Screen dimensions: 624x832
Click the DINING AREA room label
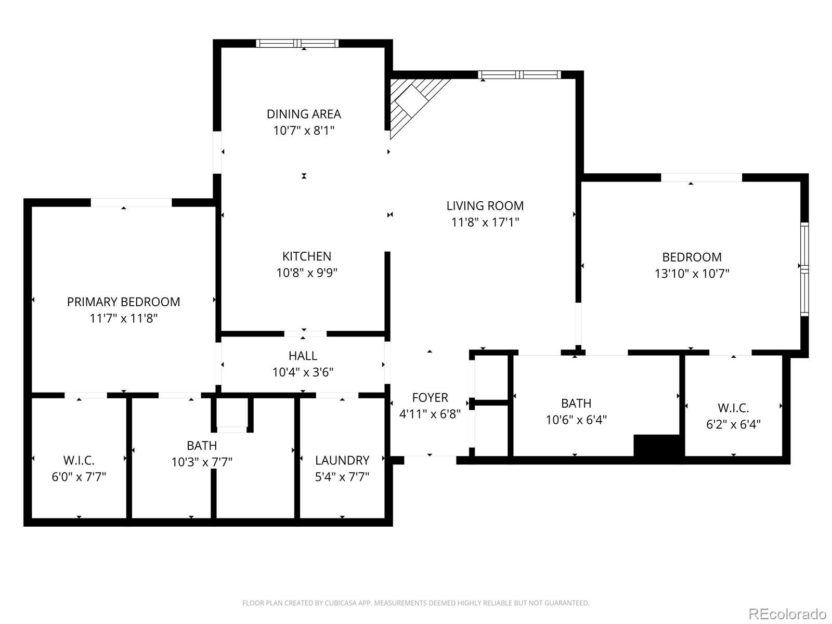pos(304,114)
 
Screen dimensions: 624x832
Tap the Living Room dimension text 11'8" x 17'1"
pos(485,223)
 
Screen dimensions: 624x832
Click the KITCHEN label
pos(306,256)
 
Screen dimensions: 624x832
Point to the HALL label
pos(303,356)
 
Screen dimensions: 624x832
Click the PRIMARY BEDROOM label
pos(123,302)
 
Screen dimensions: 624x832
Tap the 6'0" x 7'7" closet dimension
pos(79,477)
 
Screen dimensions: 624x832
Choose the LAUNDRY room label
pos(342,460)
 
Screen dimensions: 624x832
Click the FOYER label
pos(430,398)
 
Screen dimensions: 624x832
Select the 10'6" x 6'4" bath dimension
pos(576,420)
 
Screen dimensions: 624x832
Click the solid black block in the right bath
pos(656,446)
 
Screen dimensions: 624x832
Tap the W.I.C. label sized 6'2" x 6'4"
pos(733,408)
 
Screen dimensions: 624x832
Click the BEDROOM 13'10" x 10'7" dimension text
pos(692,274)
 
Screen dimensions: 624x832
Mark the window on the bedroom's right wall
pos(804,269)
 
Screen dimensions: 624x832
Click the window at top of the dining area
pos(298,44)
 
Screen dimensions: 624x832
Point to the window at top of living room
pos(519,75)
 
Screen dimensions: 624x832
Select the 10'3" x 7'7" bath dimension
pos(202,462)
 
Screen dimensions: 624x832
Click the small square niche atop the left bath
pos(232,414)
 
